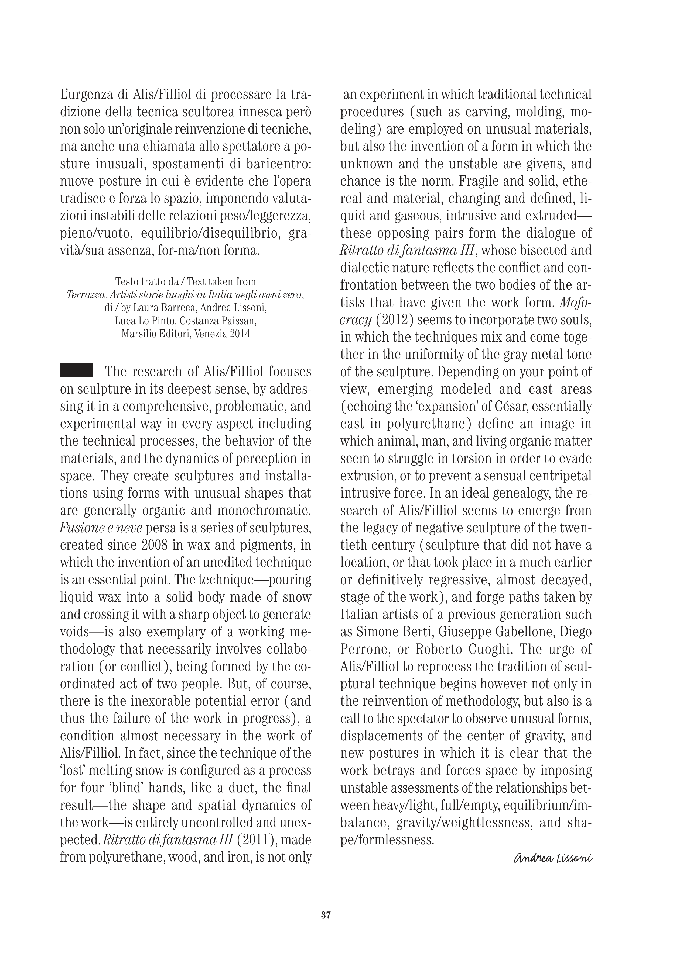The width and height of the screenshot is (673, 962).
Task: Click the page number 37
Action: pos(326,915)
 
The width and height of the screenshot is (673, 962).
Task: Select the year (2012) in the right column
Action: pos(393,320)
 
